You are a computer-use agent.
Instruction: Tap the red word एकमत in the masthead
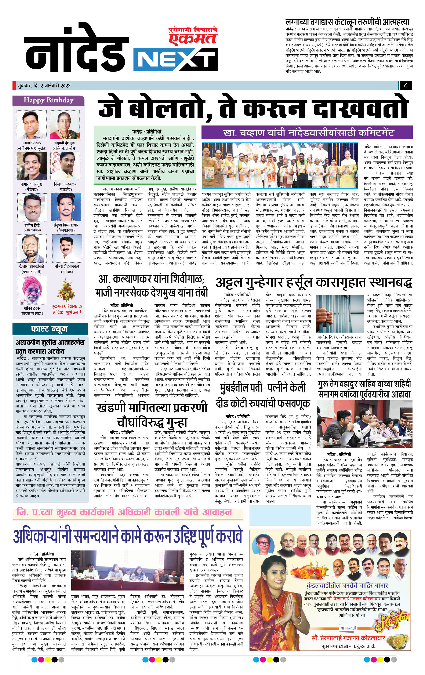(x=193, y=38)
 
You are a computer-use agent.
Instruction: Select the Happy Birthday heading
(x=48, y=100)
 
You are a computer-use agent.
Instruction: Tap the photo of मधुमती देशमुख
(x=65, y=125)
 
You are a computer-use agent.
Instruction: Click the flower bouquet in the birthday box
(x=66, y=290)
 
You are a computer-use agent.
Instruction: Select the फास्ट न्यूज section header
(x=49, y=329)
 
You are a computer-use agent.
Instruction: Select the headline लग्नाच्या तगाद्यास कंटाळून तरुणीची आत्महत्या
(x=347, y=22)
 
